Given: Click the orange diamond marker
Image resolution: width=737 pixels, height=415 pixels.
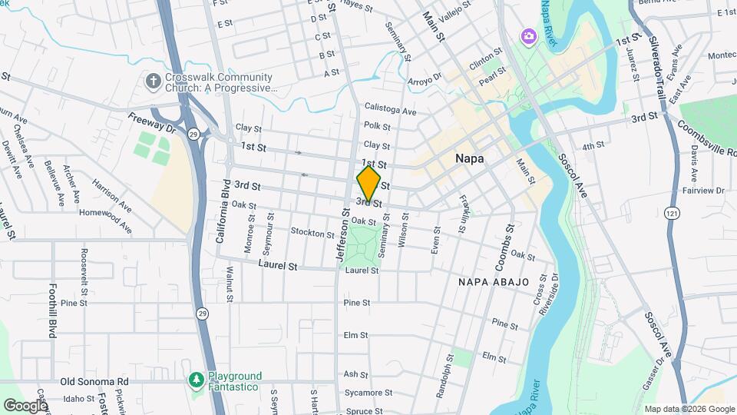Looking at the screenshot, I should (368, 184).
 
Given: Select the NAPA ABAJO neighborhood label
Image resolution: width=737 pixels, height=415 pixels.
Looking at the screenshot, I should (494, 282).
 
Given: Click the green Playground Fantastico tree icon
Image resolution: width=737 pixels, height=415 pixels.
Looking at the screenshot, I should (197, 380).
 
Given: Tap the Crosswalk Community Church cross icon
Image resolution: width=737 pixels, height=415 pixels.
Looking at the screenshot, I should (154, 81).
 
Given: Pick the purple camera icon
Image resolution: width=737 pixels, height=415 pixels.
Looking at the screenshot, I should (528, 35).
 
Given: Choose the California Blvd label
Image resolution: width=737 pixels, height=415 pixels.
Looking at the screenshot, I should (222, 212).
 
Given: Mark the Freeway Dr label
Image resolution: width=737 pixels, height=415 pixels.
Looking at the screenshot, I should (151, 123).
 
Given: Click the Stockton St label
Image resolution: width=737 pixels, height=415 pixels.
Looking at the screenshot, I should (312, 232).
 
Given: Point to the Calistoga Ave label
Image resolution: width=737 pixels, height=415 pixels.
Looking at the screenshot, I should (390, 111).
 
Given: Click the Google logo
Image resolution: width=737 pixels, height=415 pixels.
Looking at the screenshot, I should (25, 405).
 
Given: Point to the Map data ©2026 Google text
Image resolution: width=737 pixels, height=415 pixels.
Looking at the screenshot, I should (689, 409).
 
